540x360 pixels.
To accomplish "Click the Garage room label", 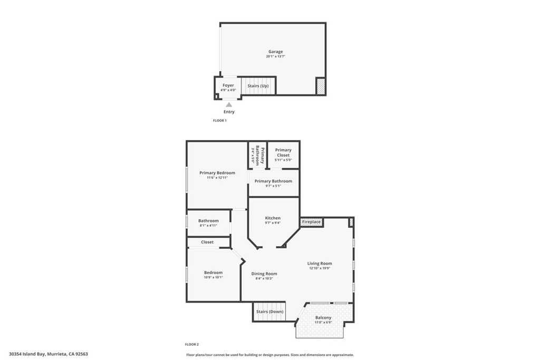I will (275, 52).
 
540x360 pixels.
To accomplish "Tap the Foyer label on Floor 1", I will (228, 85).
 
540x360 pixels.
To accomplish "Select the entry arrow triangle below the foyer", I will (229, 105).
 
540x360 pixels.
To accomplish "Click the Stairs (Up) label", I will (258, 85).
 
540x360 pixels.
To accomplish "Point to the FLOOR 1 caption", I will (219, 121).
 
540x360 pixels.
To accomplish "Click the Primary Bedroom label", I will (217, 172).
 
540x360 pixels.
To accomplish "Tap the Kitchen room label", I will (273, 218).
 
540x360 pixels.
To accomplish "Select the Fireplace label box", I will (312, 222).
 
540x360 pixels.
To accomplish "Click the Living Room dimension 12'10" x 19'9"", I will (320, 268).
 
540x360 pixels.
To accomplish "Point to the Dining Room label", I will (264, 274).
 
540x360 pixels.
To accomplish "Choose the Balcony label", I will (323, 317).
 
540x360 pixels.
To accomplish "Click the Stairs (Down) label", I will (269, 312).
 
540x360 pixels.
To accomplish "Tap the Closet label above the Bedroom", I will (207, 242).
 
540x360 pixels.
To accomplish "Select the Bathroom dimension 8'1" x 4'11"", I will (208, 226).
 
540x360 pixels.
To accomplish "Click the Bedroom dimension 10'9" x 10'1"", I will (214, 277).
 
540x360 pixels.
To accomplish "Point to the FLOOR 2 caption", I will (192, 344).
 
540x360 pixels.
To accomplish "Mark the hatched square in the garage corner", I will (320, 86).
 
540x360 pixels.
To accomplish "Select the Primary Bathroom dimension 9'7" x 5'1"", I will (273, 186).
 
